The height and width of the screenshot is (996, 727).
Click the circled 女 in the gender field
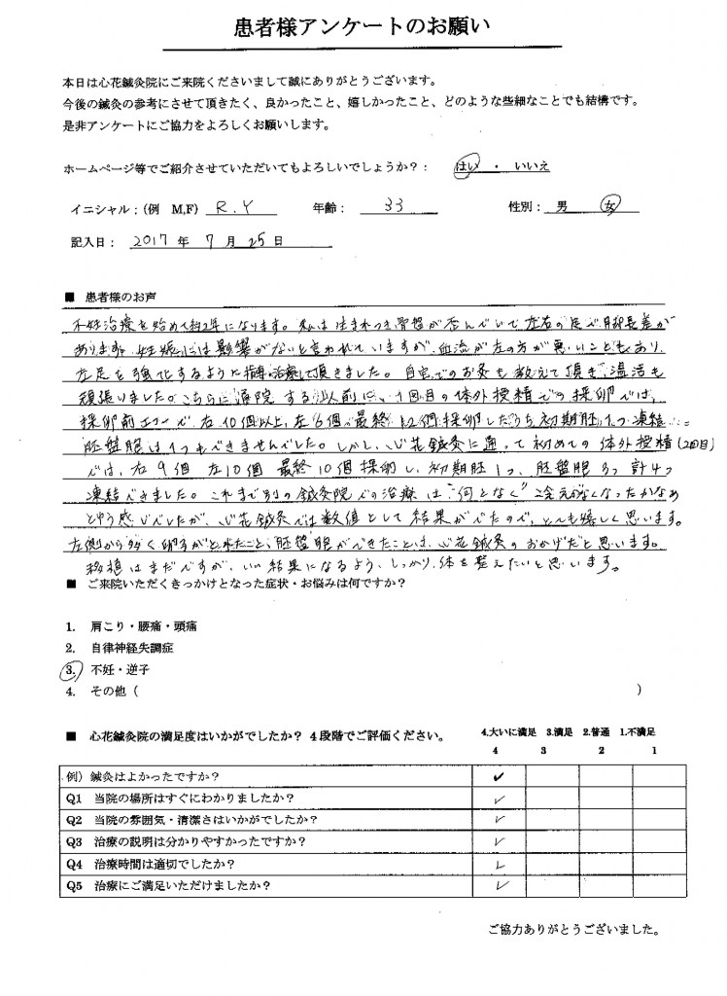[621, 206]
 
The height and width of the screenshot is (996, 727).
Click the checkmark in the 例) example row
[499, 777]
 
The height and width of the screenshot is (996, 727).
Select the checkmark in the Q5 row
[501, 885]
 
